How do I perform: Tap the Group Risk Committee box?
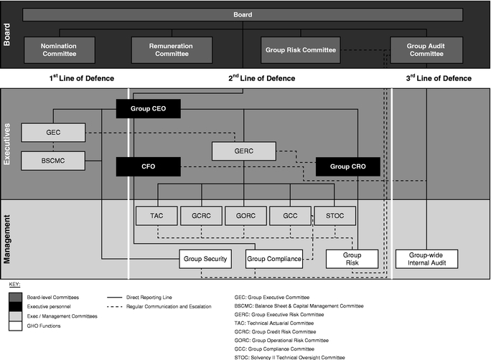click(300, 50)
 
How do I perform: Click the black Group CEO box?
click(148, 109)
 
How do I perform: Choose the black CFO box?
click(148, 167)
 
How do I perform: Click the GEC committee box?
click(53, 133)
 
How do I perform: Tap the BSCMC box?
click(53, 160)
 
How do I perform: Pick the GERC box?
click(244, 151)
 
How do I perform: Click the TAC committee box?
click(156, 215)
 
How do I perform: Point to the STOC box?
click(335, 215)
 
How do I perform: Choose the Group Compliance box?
click(274, 259)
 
